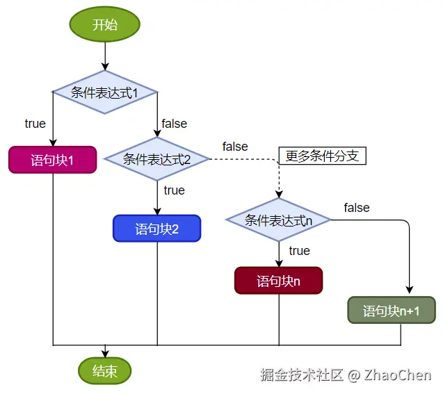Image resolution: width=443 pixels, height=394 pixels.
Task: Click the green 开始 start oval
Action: [x=105, y=25]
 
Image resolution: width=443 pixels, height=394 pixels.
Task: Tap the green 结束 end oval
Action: [x=105, y=371]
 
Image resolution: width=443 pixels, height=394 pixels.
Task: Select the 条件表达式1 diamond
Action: [x=105, y=92]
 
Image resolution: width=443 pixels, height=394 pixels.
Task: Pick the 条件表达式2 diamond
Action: [x=157, y=158]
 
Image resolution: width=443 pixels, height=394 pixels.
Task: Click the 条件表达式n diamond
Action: [x=279, y=220]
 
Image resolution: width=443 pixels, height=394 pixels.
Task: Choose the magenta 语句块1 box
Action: [x=53, y=160]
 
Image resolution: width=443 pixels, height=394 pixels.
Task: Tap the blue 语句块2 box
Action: [x=157, y=229]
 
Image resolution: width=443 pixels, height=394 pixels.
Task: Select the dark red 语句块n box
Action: [x=279, y=281]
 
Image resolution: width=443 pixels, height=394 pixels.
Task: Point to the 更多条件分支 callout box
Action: [x=321, y=156]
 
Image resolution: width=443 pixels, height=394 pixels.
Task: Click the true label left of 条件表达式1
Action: [x=35, y=124]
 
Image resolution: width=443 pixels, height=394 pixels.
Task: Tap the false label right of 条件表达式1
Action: [x=174, y=124]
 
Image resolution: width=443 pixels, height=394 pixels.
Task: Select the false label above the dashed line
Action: [x=235, y=147]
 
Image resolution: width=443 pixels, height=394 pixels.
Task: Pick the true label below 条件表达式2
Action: [x=174, y=190]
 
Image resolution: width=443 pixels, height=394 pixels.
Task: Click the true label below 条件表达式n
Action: [x=299, y=250]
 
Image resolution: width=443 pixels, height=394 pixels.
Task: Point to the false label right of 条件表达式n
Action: [x=357, y=208]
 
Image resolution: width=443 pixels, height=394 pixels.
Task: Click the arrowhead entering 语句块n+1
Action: [x=410, y=292]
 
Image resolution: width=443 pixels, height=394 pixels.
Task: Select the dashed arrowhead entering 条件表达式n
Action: [x=279, y=194]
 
